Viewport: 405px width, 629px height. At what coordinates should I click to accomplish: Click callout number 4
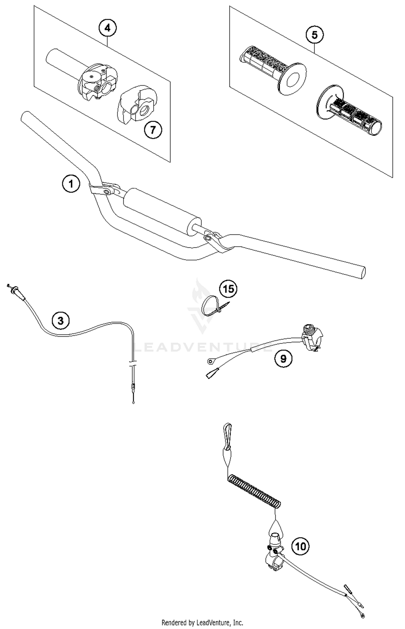[107, 28]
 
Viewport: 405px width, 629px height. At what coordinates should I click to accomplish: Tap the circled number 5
[315, 35]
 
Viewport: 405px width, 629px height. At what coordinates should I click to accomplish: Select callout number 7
[153, 130]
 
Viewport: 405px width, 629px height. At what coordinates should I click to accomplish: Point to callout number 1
[71, 184]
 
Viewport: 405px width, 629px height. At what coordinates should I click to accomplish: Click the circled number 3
[60, 321]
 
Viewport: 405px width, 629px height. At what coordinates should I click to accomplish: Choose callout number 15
[228, 289]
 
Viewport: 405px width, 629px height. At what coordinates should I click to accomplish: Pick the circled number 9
[283, 359]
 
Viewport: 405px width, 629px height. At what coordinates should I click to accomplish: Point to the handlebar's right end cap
[362, 273]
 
